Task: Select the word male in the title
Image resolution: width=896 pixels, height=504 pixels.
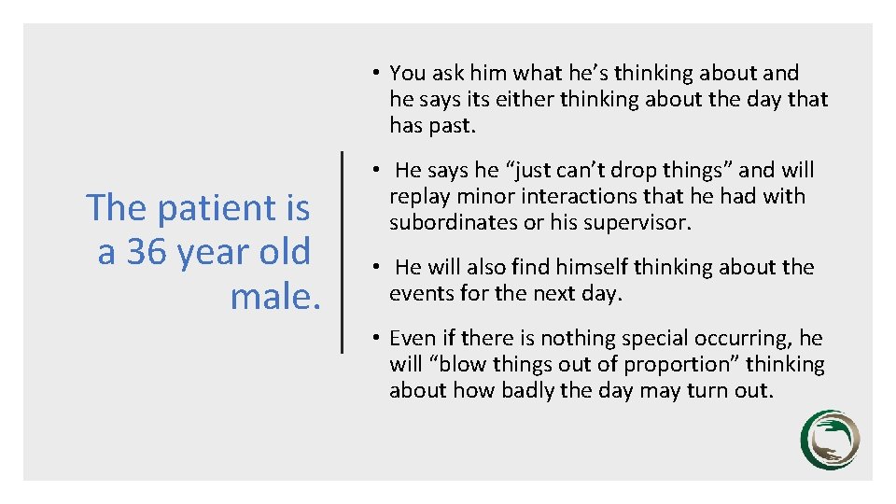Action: [x=271, y=297]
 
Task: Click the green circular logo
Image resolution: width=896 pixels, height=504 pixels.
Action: [x=829, y=440]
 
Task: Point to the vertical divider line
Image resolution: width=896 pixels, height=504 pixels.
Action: [x=343, y=252]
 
